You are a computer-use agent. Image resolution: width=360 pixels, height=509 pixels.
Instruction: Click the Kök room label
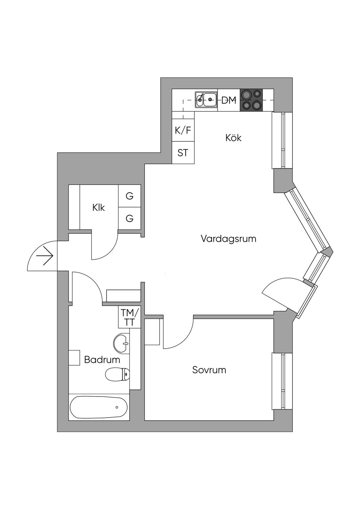233,138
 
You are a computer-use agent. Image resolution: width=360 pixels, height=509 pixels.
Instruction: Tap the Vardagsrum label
229,239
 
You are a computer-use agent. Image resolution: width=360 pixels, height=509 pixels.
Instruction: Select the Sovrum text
209,370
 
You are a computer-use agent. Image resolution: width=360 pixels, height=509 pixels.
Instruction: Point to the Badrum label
102,360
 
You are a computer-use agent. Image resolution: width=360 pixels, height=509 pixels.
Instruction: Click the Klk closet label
99,208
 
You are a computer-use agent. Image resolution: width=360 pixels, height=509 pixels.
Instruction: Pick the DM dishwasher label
229,100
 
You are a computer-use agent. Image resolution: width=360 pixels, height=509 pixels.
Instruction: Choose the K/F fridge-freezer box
183,131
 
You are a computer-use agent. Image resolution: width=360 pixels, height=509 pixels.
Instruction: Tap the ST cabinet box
183,153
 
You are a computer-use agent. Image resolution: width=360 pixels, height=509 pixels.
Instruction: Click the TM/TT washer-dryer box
130,317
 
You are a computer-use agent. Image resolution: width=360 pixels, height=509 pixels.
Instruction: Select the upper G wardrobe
129,196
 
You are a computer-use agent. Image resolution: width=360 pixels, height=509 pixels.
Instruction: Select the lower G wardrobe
129,219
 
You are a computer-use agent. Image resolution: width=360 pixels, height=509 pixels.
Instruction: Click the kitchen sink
206,99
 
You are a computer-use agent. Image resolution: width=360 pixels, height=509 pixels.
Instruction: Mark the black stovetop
251,100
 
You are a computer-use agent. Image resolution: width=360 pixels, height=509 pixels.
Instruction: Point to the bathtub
99,407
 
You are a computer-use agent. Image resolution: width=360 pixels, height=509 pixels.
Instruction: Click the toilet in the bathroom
117,374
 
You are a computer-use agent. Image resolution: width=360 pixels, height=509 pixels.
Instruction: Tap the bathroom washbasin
121,342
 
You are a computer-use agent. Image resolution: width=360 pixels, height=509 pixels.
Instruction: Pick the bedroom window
282,381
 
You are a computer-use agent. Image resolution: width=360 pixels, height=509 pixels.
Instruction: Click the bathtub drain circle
117,407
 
